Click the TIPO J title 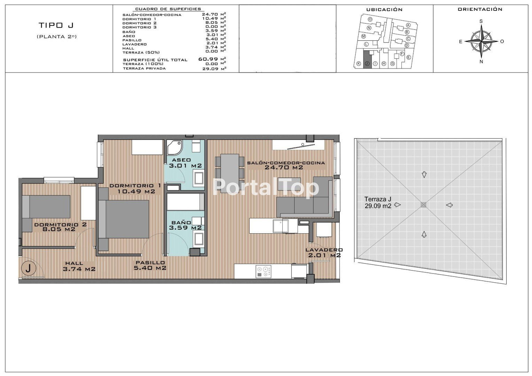click(x=56, y=25)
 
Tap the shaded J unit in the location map click(x=367, y=60)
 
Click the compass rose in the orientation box click(x=481, y=41)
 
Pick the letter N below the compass click(x=482, y=62)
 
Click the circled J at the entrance click(x=29, y=268)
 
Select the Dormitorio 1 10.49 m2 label click(x=135, y=188)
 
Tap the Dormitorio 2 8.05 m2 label click(x=60, y=227)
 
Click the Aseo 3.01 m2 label click(x=185, y=163)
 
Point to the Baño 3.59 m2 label click(x=185, y=225)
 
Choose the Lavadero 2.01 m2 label click(x=324, y=252)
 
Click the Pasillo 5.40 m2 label click(x=150, y=265)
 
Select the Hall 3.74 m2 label click(x=79, y=266)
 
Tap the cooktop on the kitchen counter click(x=263, y=272)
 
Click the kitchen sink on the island click(x=281, y=226)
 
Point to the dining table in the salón click(x=230, y=174)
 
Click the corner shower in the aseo click(x=174, y=147)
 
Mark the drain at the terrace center click(x=423, y=205)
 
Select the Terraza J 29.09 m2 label click(x=378, y=203)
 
